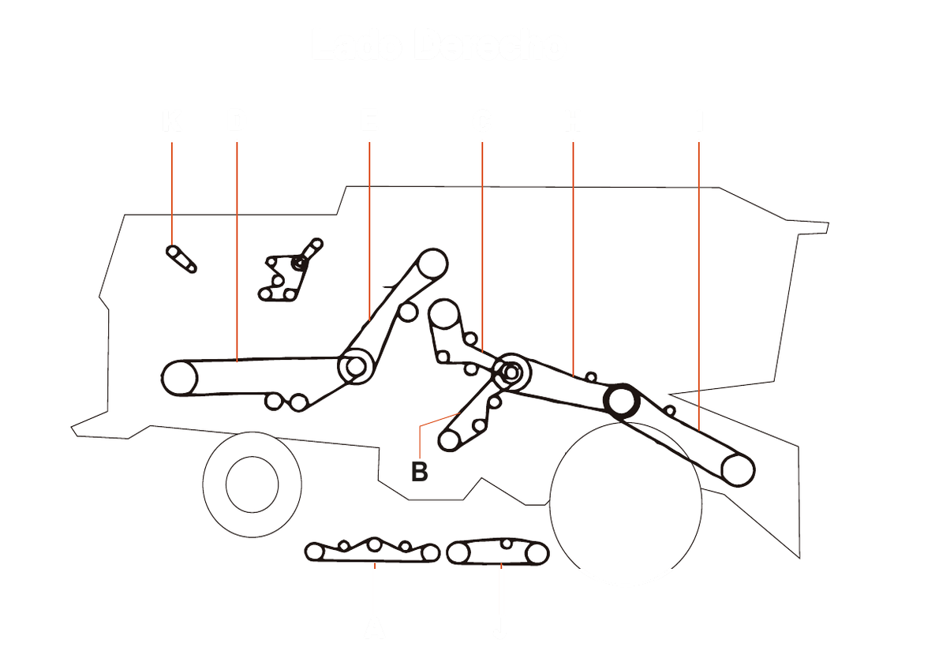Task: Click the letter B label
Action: pos(419,472)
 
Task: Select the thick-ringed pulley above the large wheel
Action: pos(621,401)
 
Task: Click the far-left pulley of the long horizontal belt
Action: pos(179,378)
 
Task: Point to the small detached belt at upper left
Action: pos(181,258)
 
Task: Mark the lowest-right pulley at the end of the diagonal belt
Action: pos(738,469)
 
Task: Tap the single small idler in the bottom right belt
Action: pos(506,544)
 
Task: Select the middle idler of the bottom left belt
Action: pos(375,544)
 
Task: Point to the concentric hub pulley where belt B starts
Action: pos(511,371)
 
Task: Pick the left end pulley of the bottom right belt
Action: pos(458,554)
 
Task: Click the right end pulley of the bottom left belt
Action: pos(429,553)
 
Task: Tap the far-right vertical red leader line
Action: pos(699,276)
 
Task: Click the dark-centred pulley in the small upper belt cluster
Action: pos(299,263)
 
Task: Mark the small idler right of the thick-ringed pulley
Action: pos(670,410)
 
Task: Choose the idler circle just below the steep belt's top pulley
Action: pos(407,312)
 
